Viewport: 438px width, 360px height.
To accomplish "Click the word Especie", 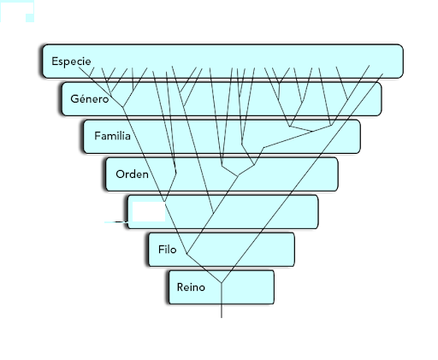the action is (x=71, y=62).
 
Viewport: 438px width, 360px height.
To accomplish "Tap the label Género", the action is (x=90, y=98).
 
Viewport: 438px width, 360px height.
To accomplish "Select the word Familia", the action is (x=112, y=136).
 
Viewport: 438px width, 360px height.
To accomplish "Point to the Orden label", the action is (x=132, y=174).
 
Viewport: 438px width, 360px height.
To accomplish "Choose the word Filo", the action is (x=168, y=250).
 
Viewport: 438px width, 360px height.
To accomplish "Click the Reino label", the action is (x=191, y=287).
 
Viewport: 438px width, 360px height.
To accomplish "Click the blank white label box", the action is (x=149, y=211).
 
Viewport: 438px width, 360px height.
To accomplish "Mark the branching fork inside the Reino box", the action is (x=222, y=283).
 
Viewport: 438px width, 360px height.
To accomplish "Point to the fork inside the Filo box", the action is (x=186, y=253).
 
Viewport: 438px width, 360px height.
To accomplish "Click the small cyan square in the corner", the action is (x=30, y=18).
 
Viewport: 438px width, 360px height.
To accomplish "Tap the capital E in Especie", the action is (x=55, y=61).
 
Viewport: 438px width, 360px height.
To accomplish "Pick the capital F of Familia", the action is (x=98, y=136).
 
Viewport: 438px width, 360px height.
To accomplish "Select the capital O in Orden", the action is (x=120, y=174).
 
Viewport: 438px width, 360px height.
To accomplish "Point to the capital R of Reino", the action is (x=181, y=287).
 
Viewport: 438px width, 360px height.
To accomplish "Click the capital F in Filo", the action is (x=162, y=250).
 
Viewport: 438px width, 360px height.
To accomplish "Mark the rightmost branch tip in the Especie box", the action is (x=382, y=74).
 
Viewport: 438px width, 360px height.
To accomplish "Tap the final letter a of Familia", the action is (x=127, y=137).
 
